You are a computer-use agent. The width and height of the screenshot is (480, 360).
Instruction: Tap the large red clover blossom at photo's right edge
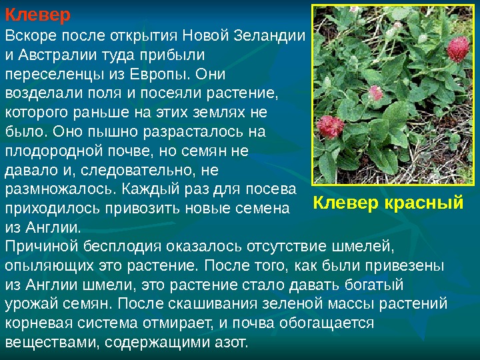[458, 49]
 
